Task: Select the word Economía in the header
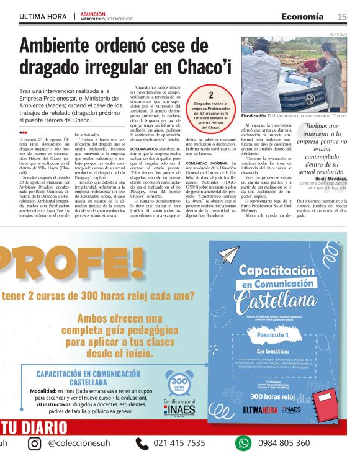click(x=302, y=16)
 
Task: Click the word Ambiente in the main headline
click(x=65, y=47)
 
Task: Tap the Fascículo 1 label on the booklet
click(x=272, y=335)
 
